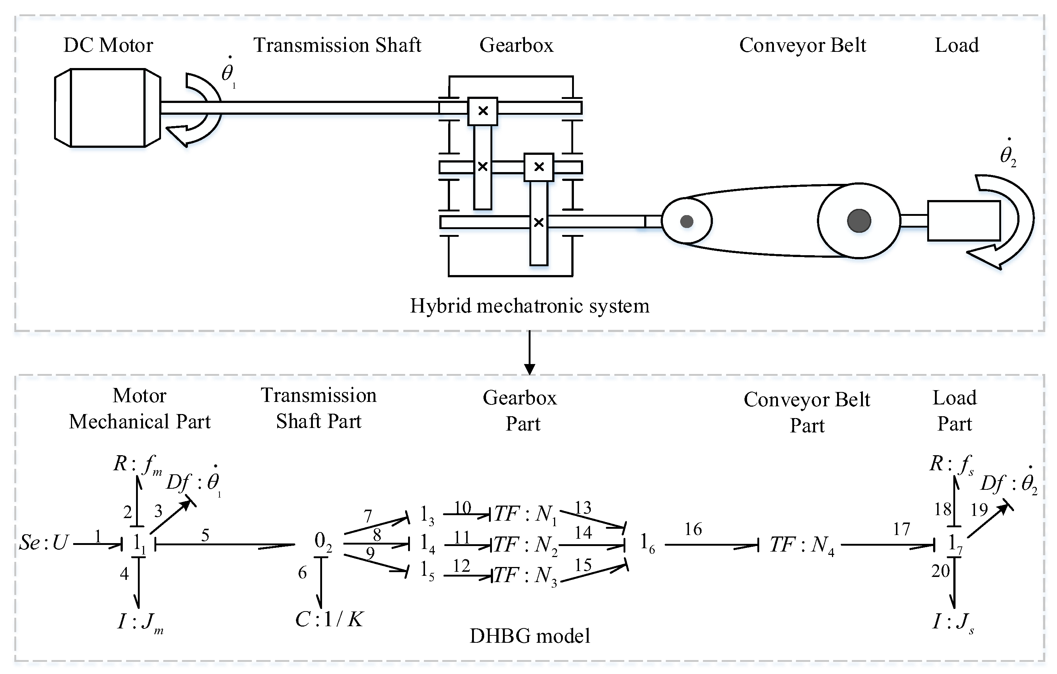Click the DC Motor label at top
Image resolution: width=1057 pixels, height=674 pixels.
pyautogui.click(x=108, y=45)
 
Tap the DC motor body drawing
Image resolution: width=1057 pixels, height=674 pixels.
pyautogui.click(x=108, y=108)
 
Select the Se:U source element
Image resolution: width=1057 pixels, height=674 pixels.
pyautogui.click(x=43, y=543)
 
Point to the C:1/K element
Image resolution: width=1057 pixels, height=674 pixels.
pyautogui.click(x=329, y=620)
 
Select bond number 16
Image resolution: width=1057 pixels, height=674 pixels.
pyautogui.click(x=693, y=529)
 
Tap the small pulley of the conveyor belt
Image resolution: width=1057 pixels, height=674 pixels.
pyautogui.click(x=686, y=221)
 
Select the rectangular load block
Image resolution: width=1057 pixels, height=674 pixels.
pyautogui.click(x=964, y=220)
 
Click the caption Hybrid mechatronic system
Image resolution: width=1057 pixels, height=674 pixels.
pyautogui.click(x=529, y=306)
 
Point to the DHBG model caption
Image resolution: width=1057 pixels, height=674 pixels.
pyautogui.click(x=529, y=636)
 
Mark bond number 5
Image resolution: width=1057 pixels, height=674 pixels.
pyautogui.click(x=205, y=535)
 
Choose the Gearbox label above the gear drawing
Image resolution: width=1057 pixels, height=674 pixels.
pyautogui.click(x=516, y=45)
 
